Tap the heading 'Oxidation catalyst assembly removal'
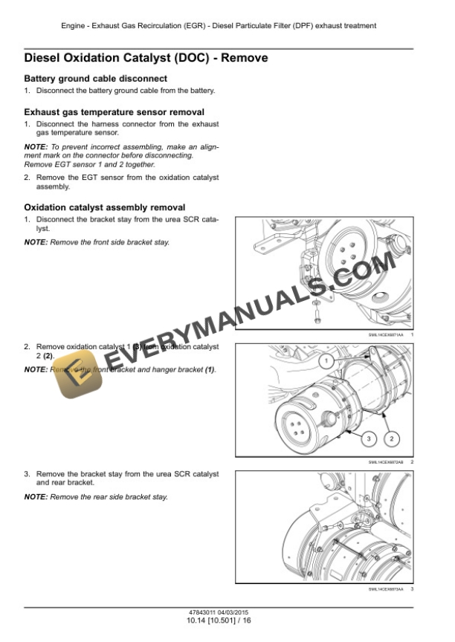[x=105, y=207]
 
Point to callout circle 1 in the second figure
[x=325, y=361]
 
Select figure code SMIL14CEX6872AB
[x=386, y=462]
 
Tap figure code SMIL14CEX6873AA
[x=386, y=589]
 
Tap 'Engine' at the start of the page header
[x=75, y=26]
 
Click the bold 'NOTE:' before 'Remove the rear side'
[x=36, y=496]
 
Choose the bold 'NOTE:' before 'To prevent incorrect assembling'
[x=36, y=147]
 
